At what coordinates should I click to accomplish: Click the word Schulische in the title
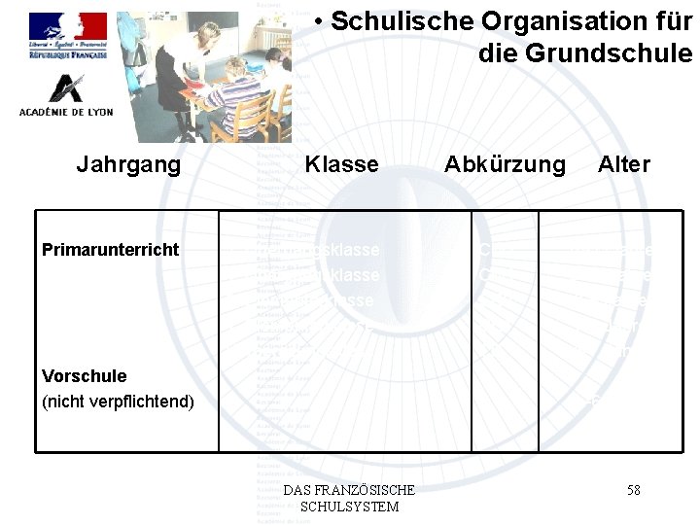point(393,22)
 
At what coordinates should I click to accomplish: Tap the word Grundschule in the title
point(585,52)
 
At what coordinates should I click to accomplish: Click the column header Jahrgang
point(128,164)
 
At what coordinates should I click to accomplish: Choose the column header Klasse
point(341,164)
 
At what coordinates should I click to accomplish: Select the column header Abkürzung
point(505,164)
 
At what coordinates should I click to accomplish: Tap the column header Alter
point(624,164)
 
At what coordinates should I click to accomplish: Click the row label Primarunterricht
point(110,250)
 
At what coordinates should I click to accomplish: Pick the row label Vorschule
point(85,376)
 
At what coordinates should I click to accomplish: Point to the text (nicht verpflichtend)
point(119,402)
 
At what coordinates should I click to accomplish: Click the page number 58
point(633,490)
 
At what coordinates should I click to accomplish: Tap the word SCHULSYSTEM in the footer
point(350,507)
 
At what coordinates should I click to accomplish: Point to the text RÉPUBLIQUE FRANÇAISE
point(67,56)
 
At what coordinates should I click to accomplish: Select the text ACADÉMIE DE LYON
point(66,112)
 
